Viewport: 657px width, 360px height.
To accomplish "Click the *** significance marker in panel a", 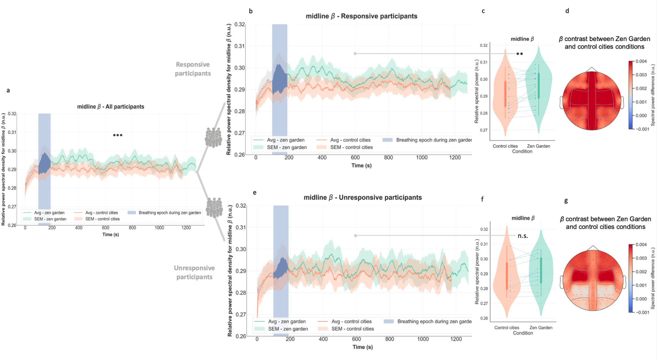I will coord(118,136).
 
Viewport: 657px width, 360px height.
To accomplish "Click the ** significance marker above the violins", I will coord(519,54).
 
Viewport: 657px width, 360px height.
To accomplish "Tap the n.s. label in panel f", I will coord(523,236).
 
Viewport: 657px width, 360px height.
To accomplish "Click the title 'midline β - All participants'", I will coord(110,106).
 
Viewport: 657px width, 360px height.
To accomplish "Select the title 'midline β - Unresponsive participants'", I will coord(363,197).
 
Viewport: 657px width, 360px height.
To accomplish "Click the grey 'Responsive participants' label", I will coord(193,69).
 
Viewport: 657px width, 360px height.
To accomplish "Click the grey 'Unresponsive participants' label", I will coord(194,272).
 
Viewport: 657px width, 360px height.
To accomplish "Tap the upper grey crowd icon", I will coord(213,137).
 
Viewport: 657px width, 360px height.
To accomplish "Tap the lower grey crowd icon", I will coord(214,208).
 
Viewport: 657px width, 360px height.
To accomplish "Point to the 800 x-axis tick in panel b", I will coord(388,158).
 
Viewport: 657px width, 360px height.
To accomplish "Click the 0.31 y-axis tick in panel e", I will coord(241,227).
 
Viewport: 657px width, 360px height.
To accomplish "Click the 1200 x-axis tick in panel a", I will coord(186,228).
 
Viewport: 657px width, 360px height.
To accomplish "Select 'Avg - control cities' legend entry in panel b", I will coord(350,140).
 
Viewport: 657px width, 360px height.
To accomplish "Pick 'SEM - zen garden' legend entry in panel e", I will coord(288,329).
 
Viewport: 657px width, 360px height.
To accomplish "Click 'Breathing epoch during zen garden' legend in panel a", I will coord(169,213).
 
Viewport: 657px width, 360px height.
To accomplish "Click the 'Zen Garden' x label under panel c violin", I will coord(538,146).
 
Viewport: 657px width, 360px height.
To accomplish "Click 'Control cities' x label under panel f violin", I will coord(506,327).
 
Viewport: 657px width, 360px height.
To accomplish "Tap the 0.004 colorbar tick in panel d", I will coord(641,61).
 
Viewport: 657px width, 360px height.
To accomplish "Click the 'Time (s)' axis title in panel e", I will coord(363,347).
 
